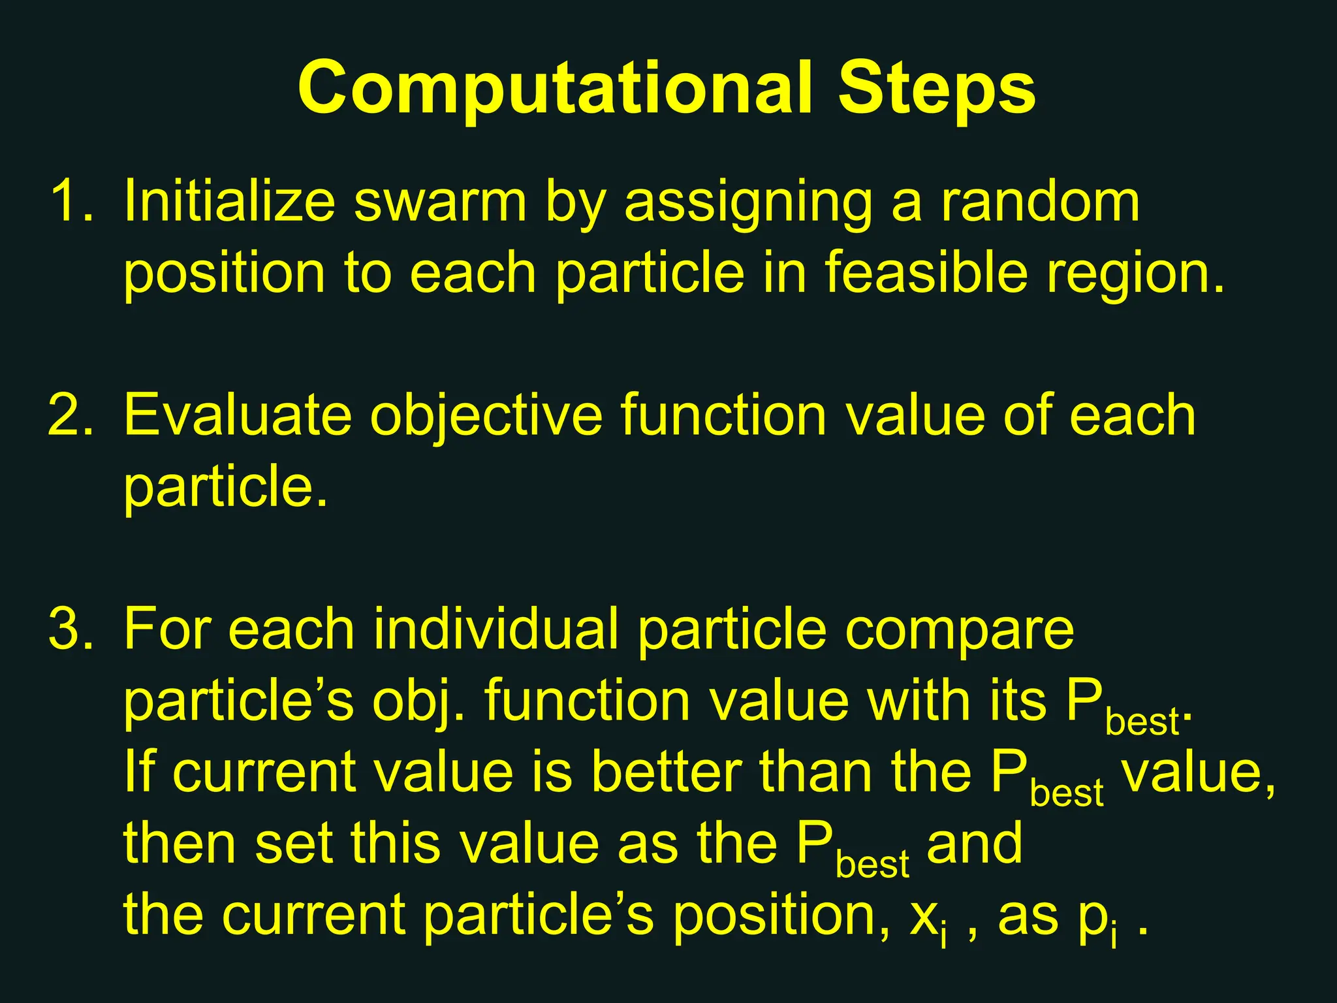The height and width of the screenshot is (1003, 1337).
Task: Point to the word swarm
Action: pyautogui.click(x=439, y=202)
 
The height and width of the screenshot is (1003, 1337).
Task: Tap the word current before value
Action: pyautogui.click(x=265, y=773)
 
